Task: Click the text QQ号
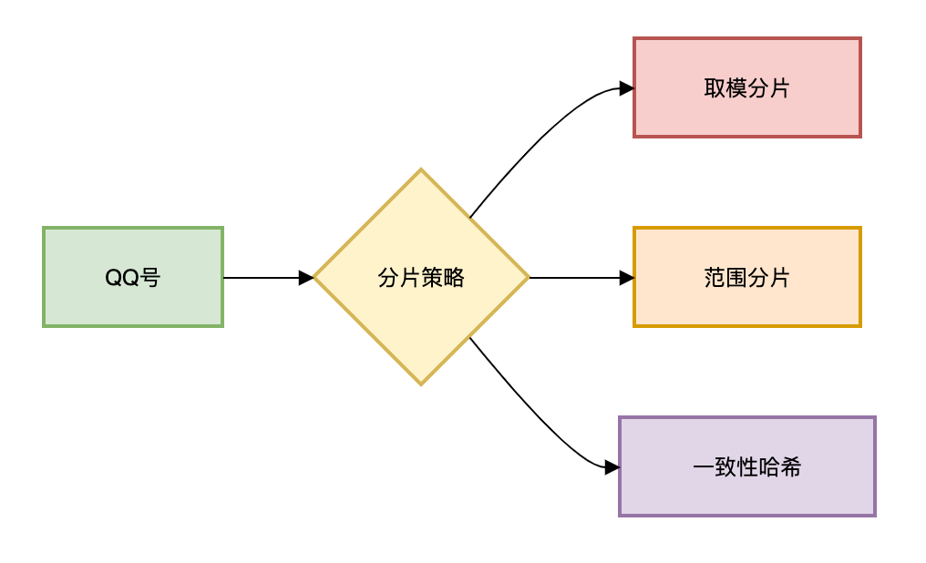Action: tap(133, 278)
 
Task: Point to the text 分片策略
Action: tap(421, 278)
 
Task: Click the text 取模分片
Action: tap(746, 88)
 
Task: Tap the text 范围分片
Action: tap(746, 278)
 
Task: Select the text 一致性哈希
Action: tap(746, 468)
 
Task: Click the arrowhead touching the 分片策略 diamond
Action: tap(307, 278)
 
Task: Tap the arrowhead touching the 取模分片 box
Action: tap(627, 88)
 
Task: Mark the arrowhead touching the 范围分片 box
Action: tap(627, 278)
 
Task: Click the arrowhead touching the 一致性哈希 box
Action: tap(612, 467)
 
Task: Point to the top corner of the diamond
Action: tap(421, 170)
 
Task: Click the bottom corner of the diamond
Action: tap(421, 384)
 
